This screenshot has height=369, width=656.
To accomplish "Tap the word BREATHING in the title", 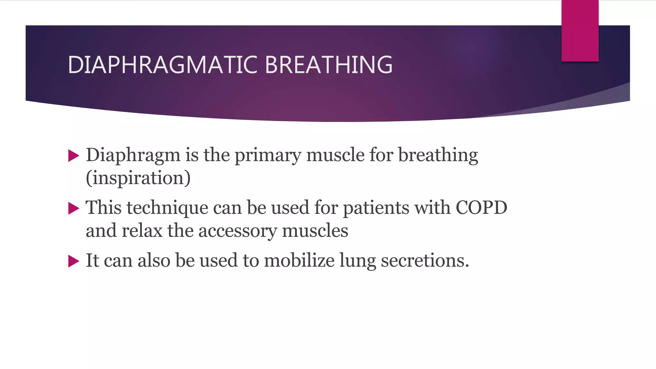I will pos(329,65).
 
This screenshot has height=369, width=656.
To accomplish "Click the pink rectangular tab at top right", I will pos(580,31).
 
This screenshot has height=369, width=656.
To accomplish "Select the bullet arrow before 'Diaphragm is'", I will pos(74,156).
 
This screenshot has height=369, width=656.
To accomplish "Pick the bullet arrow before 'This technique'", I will pos(74,209).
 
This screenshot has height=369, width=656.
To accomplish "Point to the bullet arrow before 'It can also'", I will pos(74,261).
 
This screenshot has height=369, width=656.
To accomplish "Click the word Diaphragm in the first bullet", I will pos(133,155).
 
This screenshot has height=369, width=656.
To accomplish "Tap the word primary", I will pos(268,155).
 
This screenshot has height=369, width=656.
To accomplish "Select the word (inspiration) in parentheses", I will pos(138,178).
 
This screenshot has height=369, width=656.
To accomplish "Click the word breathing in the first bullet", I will pos(438,155).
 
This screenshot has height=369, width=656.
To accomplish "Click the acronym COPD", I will pos(481,208).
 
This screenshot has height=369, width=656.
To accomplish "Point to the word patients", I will pos(376,208).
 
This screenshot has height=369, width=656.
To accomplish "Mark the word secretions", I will pos(425,260).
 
